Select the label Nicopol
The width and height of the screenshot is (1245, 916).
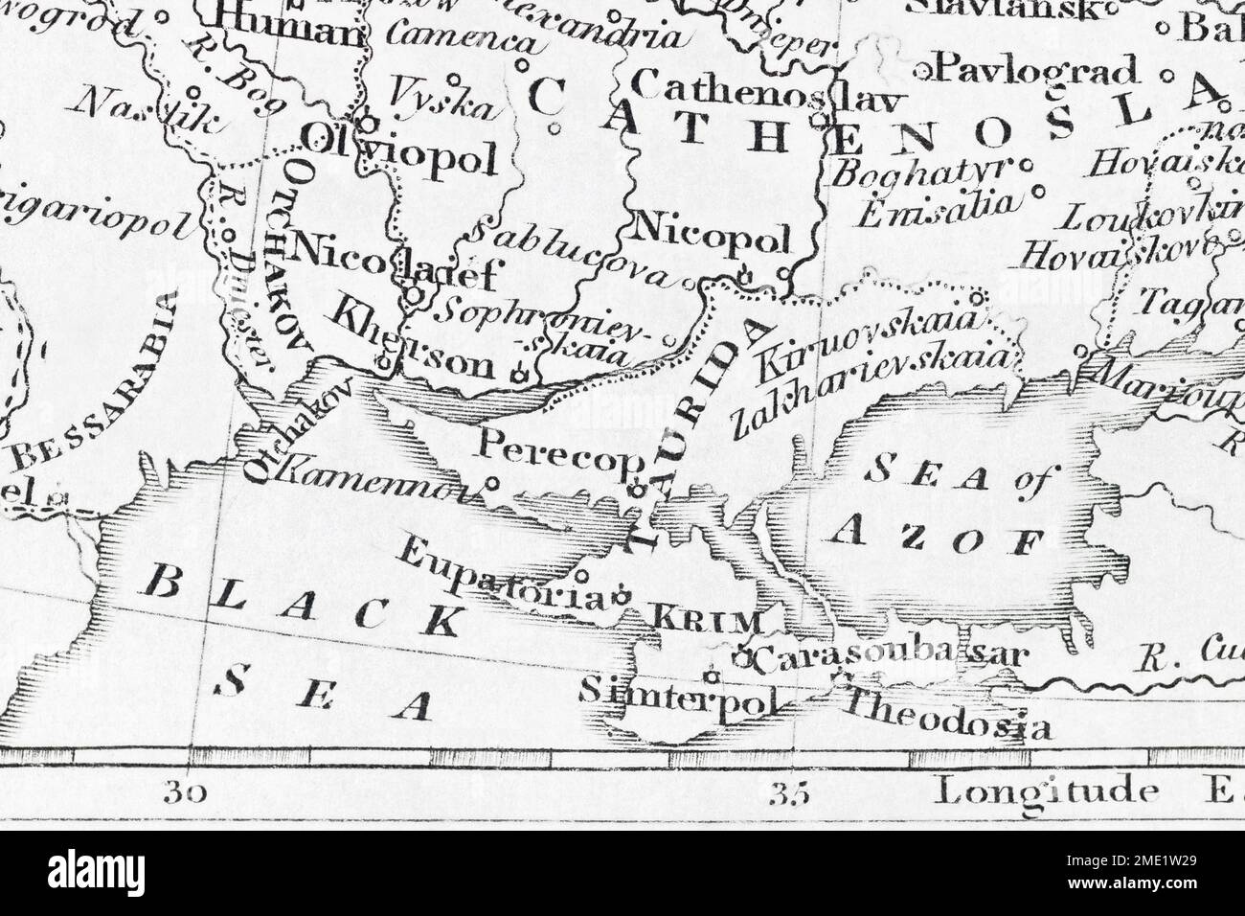click(x=712, y=235)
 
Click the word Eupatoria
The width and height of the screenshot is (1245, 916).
click(x=504, y=574)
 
